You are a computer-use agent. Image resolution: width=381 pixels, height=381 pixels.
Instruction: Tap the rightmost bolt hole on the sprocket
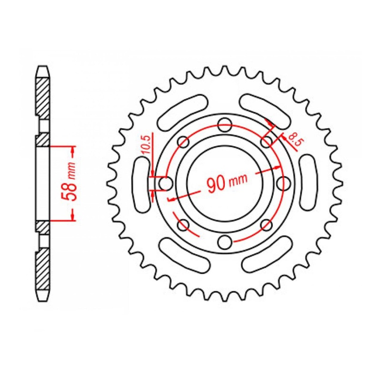click(283, 183)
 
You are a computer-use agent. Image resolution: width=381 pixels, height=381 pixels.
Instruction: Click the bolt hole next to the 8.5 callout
click(266, 142)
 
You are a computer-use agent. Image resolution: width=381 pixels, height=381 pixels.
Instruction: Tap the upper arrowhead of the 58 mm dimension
click(72, 152)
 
